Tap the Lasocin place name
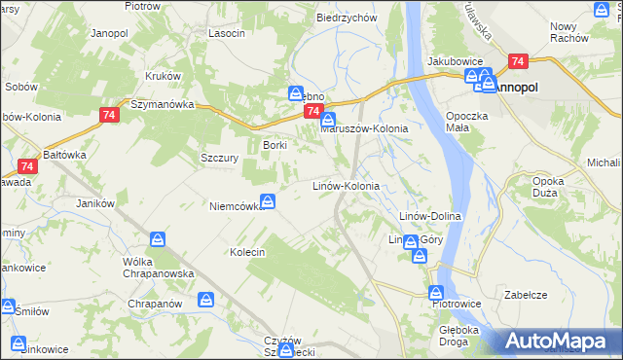[226, 32]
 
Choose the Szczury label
[219, 158]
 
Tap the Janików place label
[96, 203]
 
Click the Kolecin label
[247, 252]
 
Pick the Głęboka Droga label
[458, 336]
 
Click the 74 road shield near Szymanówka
[108, 115]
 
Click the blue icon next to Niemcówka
[268, 202]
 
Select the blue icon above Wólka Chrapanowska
[157, 238]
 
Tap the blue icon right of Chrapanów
[205, 301]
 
